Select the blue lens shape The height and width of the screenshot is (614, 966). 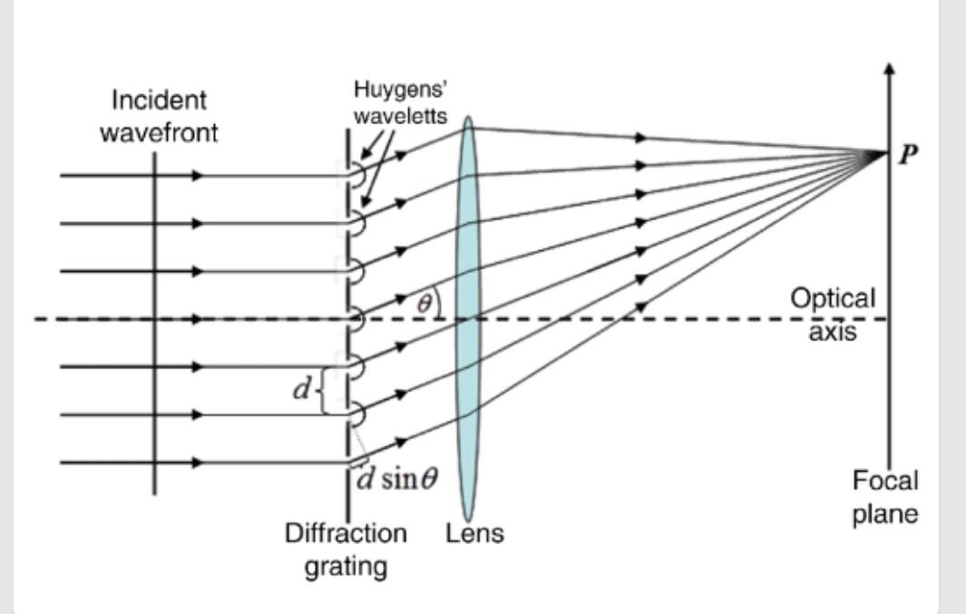tap(468, 317)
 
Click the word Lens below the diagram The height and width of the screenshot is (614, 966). tap(474, 534)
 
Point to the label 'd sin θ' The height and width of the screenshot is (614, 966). tap(396, 478)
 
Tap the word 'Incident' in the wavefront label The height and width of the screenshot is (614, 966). tap(160, 100)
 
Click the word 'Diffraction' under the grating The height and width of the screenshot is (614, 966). tap(346, 533)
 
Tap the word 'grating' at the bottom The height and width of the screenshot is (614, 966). tap(346, 567)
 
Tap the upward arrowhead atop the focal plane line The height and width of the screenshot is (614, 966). tap(890, 70)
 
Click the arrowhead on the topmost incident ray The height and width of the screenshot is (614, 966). tap(198, 175)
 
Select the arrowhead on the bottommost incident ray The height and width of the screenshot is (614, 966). tap(198, 463)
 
